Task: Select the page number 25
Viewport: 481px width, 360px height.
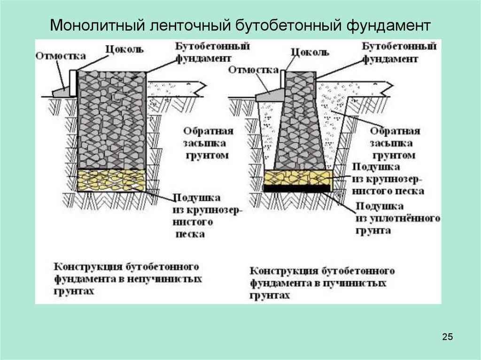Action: click(x=447, y=337)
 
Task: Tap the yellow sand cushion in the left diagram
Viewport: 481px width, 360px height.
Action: click(x=112, y=180)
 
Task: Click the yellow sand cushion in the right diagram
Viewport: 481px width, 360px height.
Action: click(x=298, y=177)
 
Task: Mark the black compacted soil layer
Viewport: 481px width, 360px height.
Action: click(x=298, y=188)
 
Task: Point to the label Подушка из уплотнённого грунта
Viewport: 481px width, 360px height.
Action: click(x=397, y=219)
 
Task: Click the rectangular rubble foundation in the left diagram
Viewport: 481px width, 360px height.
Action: click(x=112, y=120)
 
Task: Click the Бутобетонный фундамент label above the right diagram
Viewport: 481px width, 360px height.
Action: click(x=399, y=53)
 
